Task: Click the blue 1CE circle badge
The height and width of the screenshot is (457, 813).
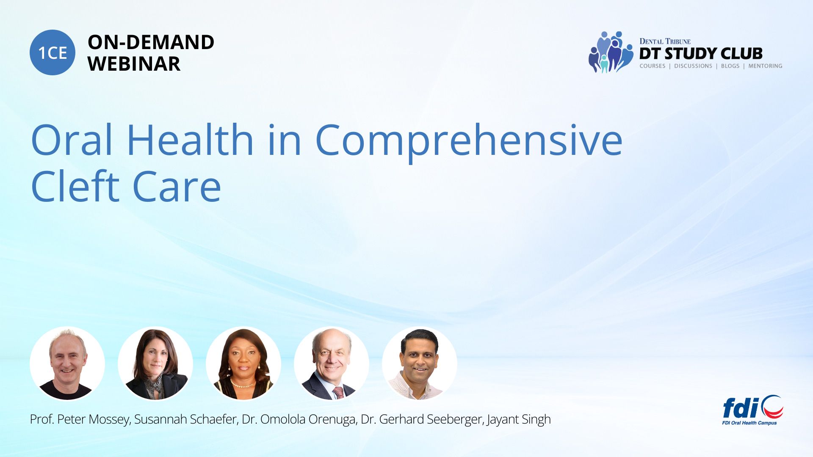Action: pos(53,52)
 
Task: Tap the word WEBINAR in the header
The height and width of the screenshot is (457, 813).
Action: pos(134,64)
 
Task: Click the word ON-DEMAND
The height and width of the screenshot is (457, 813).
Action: pos(151,42)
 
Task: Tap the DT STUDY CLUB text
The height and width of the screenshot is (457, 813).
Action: pos(701,54)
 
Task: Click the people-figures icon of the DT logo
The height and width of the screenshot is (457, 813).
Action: pos(611,52)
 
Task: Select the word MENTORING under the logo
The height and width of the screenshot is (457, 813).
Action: pos(765,66)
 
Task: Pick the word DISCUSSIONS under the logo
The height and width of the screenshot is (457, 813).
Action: pos(693,66)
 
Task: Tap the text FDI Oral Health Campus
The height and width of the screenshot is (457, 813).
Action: pos(749,423)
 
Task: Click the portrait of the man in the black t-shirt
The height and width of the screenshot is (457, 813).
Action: pos(67,363)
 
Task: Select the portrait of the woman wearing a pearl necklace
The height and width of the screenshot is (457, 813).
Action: pos(243,363)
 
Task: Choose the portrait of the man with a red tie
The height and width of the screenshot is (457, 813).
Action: pos(332,363)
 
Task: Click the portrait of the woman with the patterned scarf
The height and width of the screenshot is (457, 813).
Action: pos(155,363)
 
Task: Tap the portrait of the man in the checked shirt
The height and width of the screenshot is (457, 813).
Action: pos(420,363)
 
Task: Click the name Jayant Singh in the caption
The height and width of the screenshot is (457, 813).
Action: pos(519,419)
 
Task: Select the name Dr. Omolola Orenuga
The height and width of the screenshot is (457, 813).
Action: pos(299,419)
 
